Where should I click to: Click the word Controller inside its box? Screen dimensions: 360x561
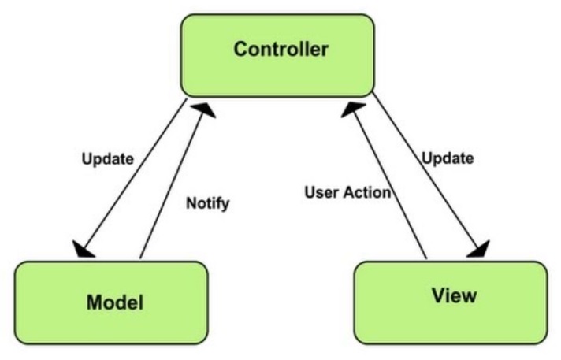pos(279,49)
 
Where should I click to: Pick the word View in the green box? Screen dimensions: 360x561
pos(454,296)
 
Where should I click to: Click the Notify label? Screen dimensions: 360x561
pos(207,203)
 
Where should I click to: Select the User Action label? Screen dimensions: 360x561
pos(347,191)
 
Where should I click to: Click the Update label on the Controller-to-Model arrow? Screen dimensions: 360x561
pos(106,158)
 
